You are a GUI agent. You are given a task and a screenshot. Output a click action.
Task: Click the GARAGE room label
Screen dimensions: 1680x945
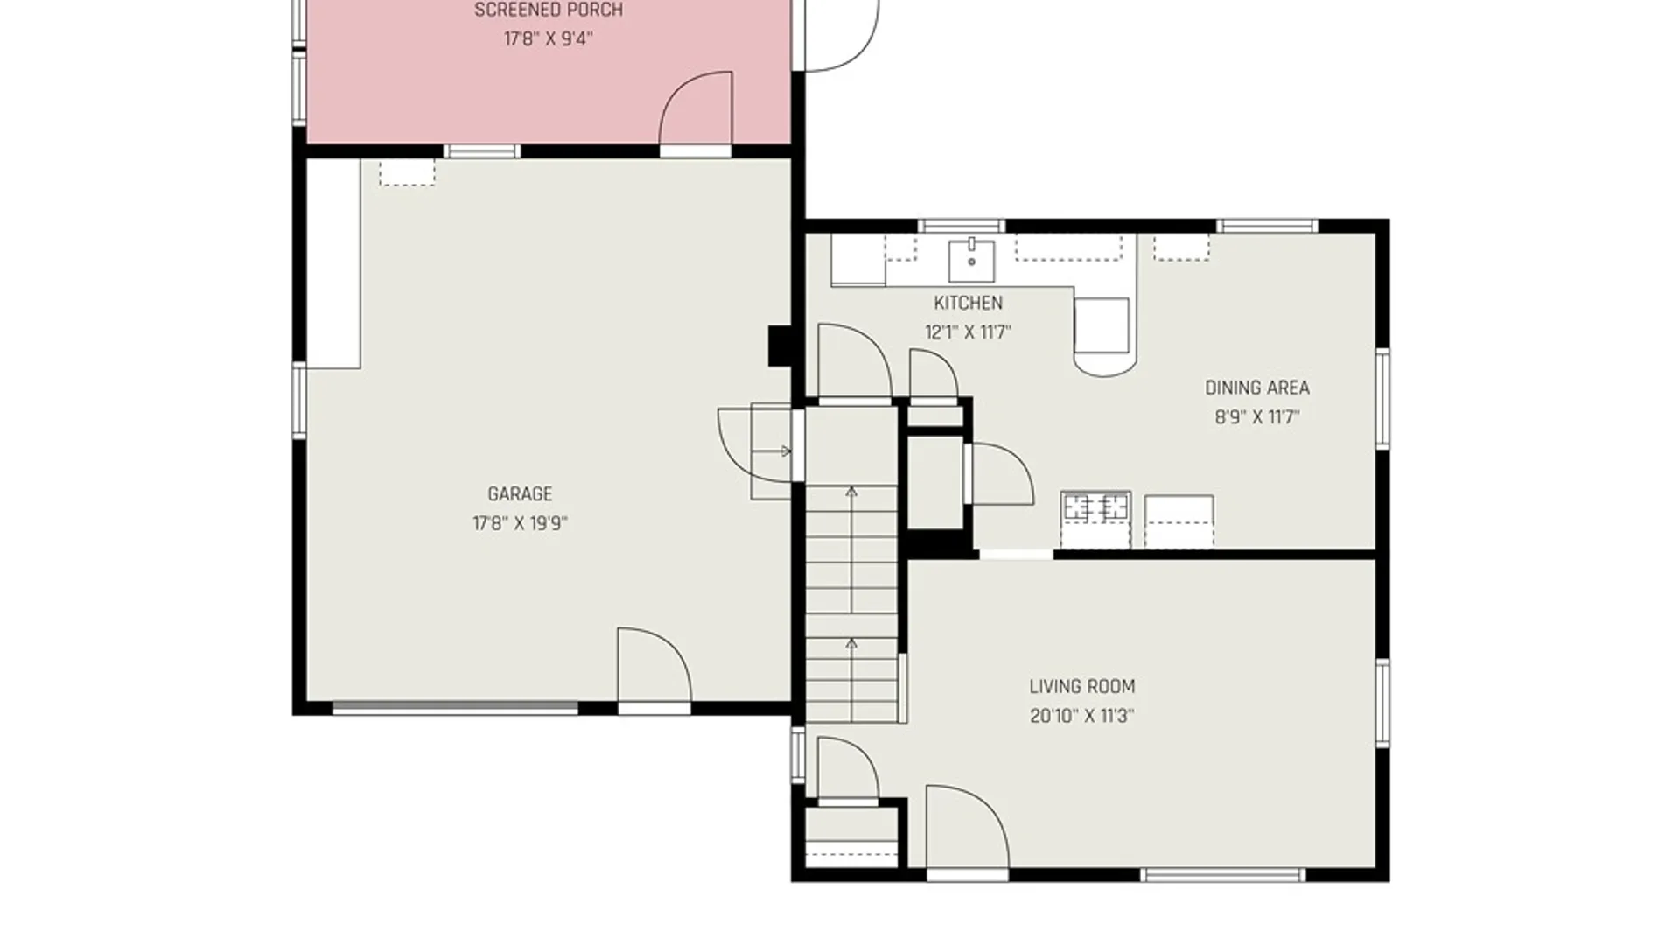520,494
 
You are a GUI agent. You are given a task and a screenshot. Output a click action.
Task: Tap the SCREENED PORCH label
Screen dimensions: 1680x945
549,10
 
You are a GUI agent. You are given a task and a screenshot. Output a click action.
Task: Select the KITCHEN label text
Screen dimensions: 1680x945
968,304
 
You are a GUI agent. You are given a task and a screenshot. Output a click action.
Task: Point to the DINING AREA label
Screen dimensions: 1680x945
1257,388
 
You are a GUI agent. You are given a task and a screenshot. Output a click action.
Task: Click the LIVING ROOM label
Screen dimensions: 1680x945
1082,687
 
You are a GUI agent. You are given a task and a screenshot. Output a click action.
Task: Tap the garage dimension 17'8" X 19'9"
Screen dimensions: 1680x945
520,524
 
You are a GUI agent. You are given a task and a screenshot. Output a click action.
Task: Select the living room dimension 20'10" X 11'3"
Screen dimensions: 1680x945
1082,717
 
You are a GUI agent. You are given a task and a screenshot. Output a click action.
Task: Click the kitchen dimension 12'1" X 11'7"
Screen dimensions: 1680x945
968,333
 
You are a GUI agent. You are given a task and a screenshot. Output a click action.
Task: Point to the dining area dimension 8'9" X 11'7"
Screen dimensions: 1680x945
1257,417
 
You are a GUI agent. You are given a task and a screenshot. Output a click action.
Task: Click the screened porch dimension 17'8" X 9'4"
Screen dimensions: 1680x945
549,39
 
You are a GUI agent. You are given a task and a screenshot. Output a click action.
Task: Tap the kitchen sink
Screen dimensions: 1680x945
971,260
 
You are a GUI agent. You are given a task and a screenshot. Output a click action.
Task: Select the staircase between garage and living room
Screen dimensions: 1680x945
851,604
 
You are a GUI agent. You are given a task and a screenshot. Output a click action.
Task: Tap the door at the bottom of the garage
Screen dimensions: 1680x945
654,665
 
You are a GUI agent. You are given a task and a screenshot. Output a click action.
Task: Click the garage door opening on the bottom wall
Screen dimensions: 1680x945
455,707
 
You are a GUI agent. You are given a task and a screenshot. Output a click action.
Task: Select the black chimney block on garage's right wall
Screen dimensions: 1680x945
780,346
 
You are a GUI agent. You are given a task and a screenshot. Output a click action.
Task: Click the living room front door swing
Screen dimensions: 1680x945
968,826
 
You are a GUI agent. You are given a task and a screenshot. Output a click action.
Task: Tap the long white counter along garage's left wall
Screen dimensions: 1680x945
333,263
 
